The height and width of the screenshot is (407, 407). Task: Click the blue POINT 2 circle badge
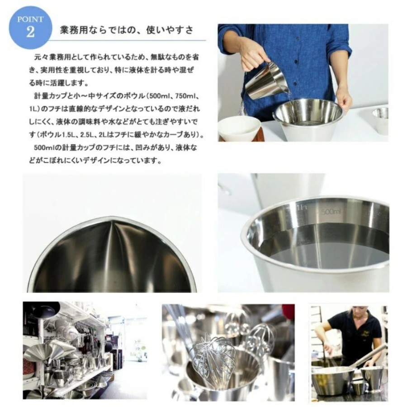click(x=30, y=28)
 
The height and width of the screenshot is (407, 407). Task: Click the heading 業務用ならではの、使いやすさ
click(x=127, y=30)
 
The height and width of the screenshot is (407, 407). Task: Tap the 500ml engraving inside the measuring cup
click(x=331, y=212)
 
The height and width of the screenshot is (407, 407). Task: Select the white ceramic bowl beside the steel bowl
click(x=239, y=128)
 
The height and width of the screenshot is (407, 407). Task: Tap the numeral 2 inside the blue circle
click(x=30, y=33)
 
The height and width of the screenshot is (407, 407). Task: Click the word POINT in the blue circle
click(x=30, y=19)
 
